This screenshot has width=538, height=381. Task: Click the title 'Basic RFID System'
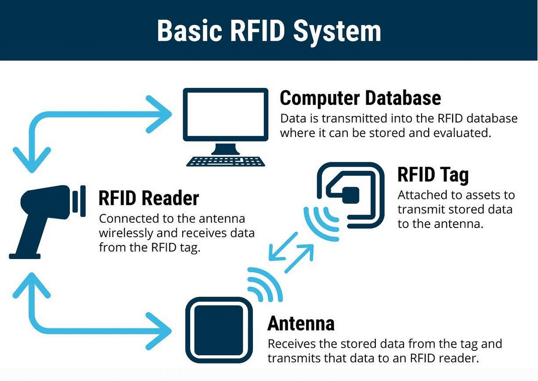pos(269,31)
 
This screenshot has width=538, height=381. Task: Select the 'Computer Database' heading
pos(360,98)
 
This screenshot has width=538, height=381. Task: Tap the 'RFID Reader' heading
pos(149,198)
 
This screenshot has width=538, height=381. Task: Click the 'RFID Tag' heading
pos(433,175)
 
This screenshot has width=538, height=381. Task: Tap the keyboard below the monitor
pos(225,161)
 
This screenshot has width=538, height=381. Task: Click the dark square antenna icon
pos(219,329)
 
